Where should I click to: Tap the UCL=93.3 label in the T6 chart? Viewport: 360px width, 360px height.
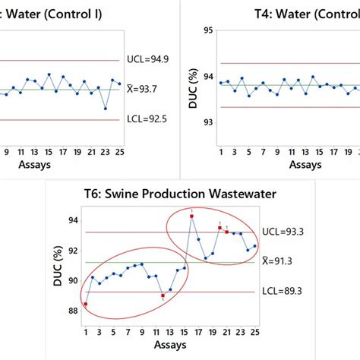tap(281, 232)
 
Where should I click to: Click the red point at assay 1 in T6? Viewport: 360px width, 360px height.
tap(86, 304)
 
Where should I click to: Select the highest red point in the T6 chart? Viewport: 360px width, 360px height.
tap(191, 216)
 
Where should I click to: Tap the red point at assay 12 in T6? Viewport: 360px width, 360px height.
tap(163, 295)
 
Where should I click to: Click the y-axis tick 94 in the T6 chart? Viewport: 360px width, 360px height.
tap(74, 220)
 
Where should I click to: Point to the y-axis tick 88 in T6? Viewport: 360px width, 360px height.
tap(74, 310)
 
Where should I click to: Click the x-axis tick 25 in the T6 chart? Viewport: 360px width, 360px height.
tap(255, 330)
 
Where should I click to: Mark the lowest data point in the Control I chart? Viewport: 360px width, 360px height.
tap(106, 109)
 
